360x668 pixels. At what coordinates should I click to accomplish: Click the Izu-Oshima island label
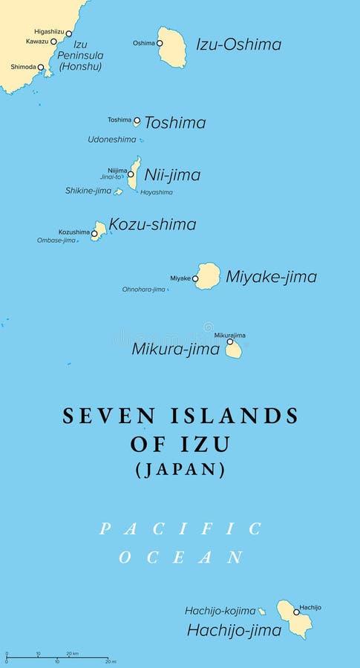coord(238,45)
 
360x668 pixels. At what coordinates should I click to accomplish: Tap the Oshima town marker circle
coord(160,43)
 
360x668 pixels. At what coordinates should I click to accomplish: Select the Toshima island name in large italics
coord(174,123)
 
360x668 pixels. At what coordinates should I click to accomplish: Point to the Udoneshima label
coord(112,139)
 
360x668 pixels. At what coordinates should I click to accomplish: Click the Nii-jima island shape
coord(134,172)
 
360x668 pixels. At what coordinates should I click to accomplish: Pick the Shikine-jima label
coord(88,191)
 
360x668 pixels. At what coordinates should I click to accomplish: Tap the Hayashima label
coord(156,192)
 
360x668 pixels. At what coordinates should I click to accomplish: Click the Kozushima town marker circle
coord(94,233)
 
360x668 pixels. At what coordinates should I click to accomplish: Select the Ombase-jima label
coord(56,240)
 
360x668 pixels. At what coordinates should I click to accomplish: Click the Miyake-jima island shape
coord(209,275)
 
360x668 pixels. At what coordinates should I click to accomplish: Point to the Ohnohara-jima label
coord(144,289)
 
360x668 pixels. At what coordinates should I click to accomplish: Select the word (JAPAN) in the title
coord(180,469)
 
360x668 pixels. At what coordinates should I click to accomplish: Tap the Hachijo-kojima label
coord(220,611)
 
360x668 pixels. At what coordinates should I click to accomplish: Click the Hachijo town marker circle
coord(296,612)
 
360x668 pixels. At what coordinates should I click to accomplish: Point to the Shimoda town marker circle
coord(41,68)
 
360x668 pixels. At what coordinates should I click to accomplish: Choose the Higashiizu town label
coord(49,31)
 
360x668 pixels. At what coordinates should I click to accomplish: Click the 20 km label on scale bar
coord(72,654)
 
